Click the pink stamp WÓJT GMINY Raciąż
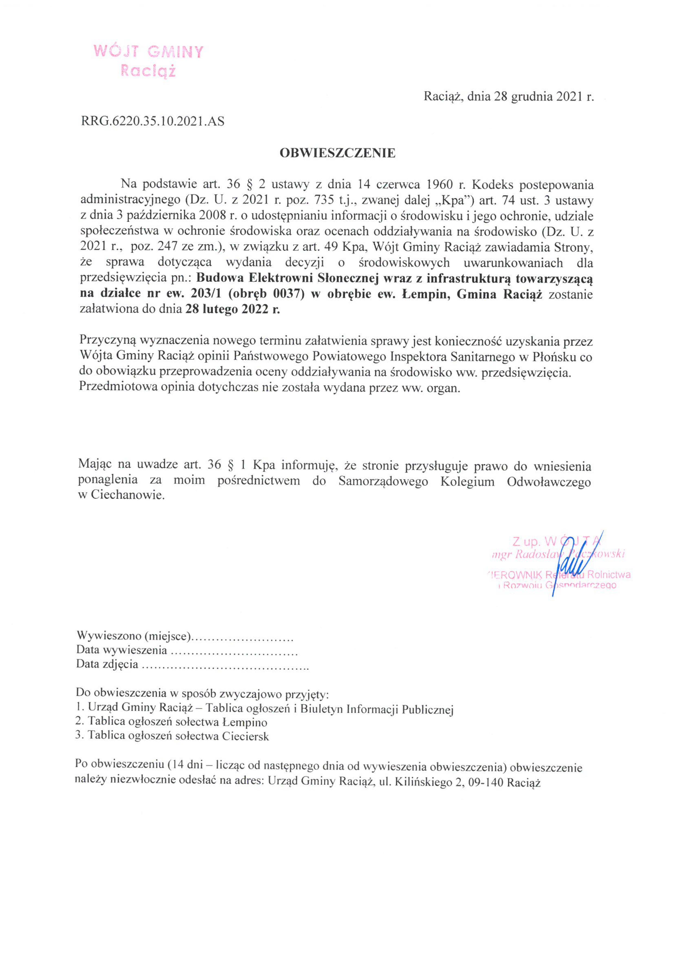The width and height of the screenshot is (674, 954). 148,61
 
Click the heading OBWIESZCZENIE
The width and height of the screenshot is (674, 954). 337,153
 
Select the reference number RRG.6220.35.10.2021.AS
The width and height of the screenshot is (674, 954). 153,121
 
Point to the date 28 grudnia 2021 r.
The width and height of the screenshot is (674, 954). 544,97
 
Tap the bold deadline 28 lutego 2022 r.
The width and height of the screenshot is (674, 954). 233,310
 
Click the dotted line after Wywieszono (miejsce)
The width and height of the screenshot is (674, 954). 244,636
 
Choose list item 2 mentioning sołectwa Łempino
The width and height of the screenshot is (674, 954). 171,722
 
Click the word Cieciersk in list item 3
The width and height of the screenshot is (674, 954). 245,736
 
